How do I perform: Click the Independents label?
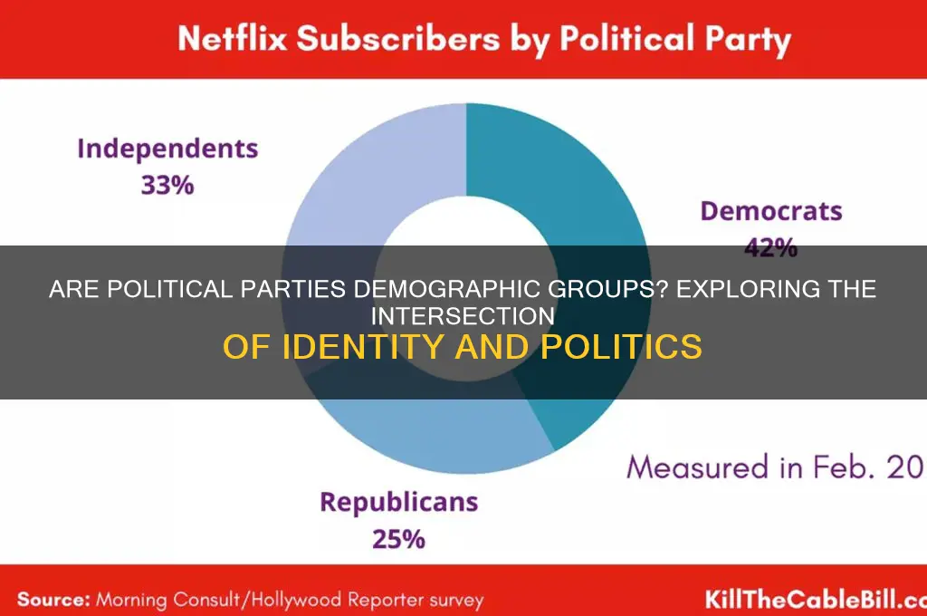[x=167, y=149]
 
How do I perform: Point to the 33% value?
[x=167, y=185]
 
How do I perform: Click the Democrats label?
[x=770, y=212]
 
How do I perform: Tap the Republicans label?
[x=399, y=503]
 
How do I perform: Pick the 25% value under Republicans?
[x=398, y=539]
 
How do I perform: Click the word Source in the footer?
[x=53, y=599]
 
